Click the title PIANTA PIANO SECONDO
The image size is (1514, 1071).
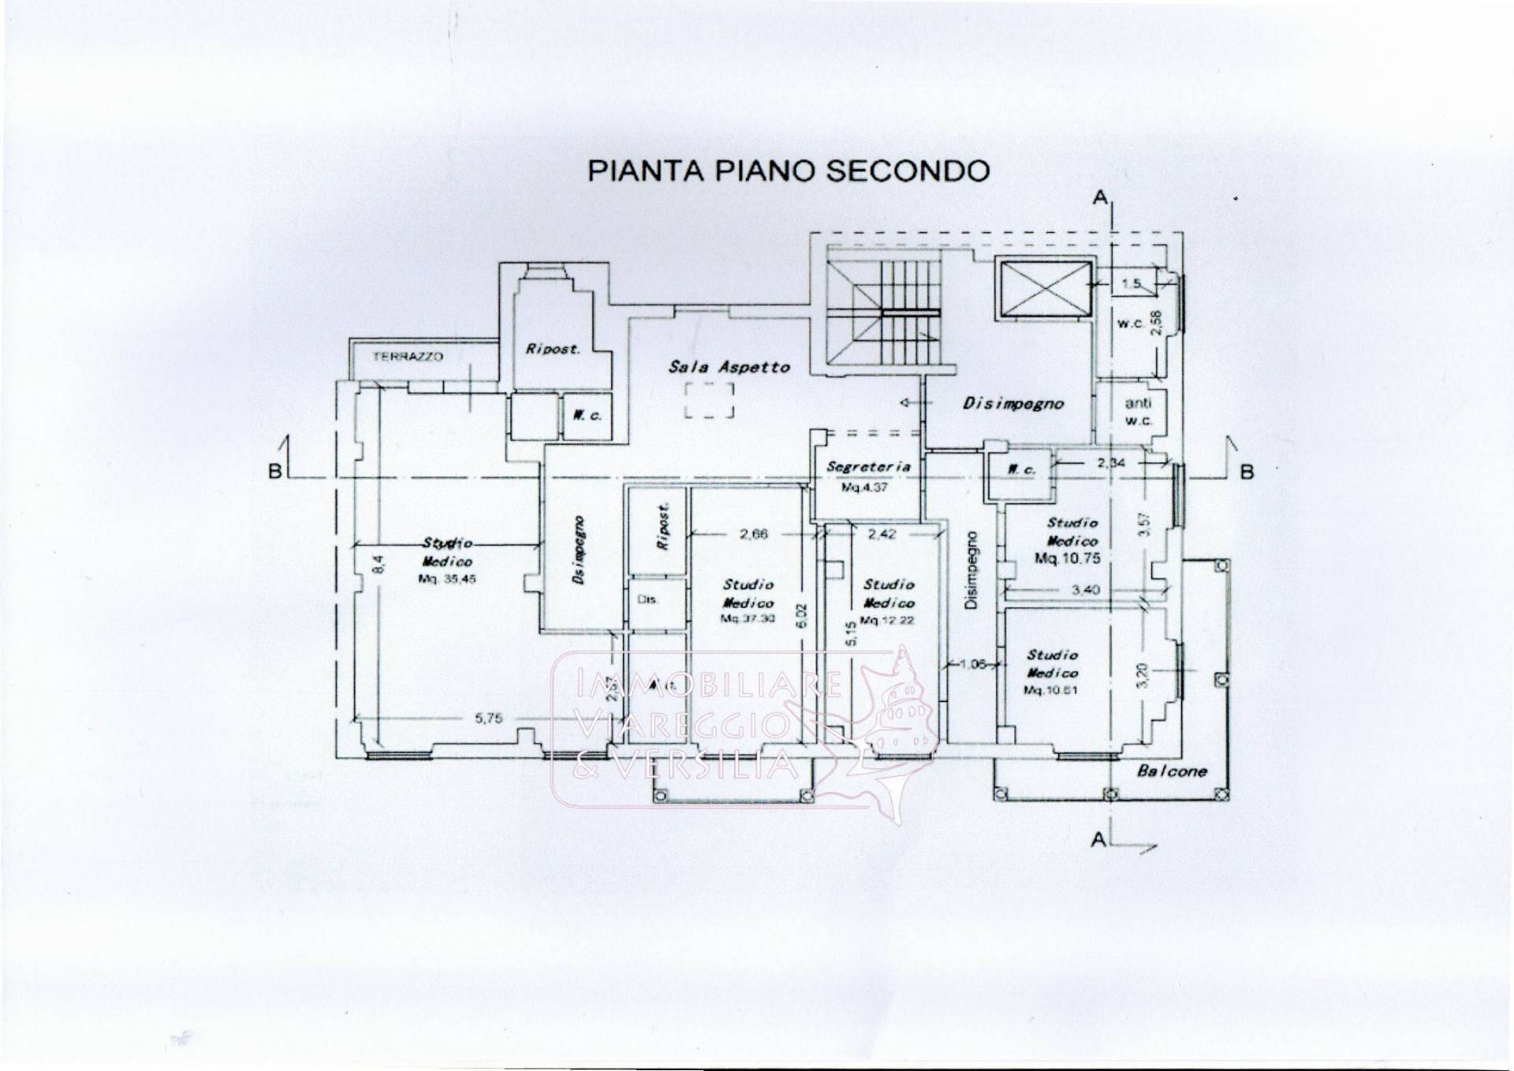(788, 171)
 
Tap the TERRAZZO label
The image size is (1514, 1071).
(408, 356)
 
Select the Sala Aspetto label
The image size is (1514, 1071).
(729, 367)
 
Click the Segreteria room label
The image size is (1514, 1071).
(868, 467)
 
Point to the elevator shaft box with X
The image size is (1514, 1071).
(1044, 288)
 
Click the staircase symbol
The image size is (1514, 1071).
(884, 312)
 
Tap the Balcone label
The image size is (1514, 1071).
(1171, 771)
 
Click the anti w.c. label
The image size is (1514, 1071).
(1138, 411)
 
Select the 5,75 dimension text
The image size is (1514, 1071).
(488, 718)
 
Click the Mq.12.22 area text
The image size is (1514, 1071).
(887, 620)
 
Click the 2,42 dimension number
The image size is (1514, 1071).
(882, 534)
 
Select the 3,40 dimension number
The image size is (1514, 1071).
(1085, 589)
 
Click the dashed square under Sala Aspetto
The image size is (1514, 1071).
(709, 400)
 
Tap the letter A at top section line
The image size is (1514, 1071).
(1099, 198)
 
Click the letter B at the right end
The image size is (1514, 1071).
(1247, 472)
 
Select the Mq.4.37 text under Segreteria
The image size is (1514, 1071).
(864, 487)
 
